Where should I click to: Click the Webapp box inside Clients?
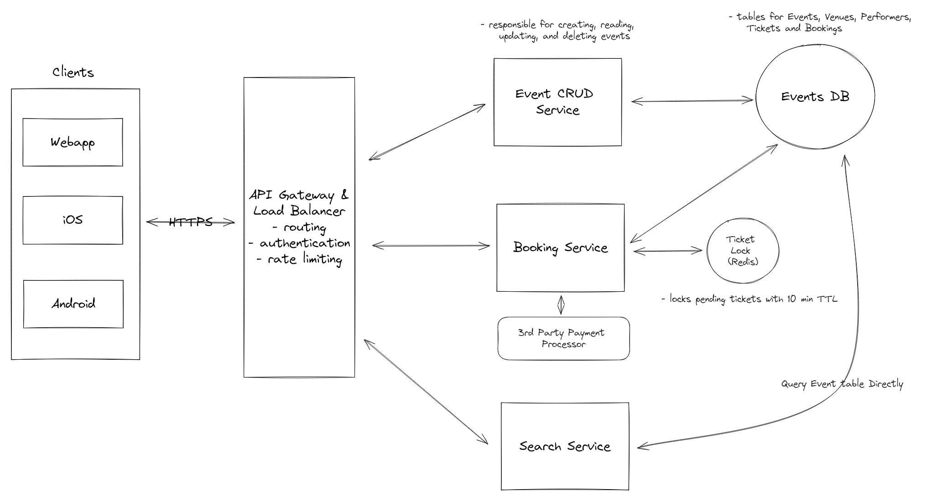[73, 142]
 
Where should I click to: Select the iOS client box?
[73, 220]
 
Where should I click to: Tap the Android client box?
[73, 304]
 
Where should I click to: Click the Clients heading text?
[73, 72]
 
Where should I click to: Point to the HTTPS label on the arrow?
[191, 222]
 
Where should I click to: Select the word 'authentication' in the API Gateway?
[305, 243]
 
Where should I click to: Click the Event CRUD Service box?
[557, 102]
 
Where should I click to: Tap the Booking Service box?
[560, 248]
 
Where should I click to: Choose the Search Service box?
[565, 446]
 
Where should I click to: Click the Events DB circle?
[815, 97]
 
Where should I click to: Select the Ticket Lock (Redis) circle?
[743, 251]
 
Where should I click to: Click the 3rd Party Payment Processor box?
[563, 338]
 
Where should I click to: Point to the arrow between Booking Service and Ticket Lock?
[667, 250]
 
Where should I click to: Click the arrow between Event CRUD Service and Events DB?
[692, 101]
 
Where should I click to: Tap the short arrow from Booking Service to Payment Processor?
[561, 305]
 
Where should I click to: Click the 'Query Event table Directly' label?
[842, 384]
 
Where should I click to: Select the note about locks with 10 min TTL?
[749, 299]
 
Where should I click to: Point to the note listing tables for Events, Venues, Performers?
[820, 22]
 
